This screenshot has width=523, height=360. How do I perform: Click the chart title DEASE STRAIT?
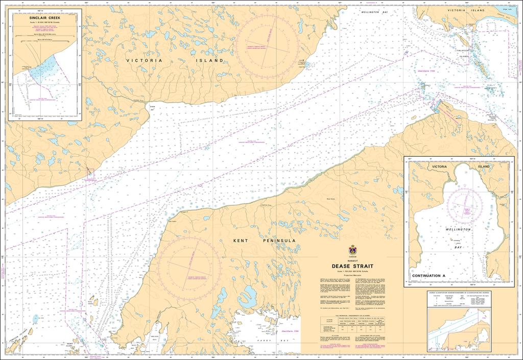[x=352, y=266]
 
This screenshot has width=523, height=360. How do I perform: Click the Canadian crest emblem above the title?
[x=352, y=250]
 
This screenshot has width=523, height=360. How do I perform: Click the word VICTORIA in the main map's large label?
[x=145, y=60]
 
